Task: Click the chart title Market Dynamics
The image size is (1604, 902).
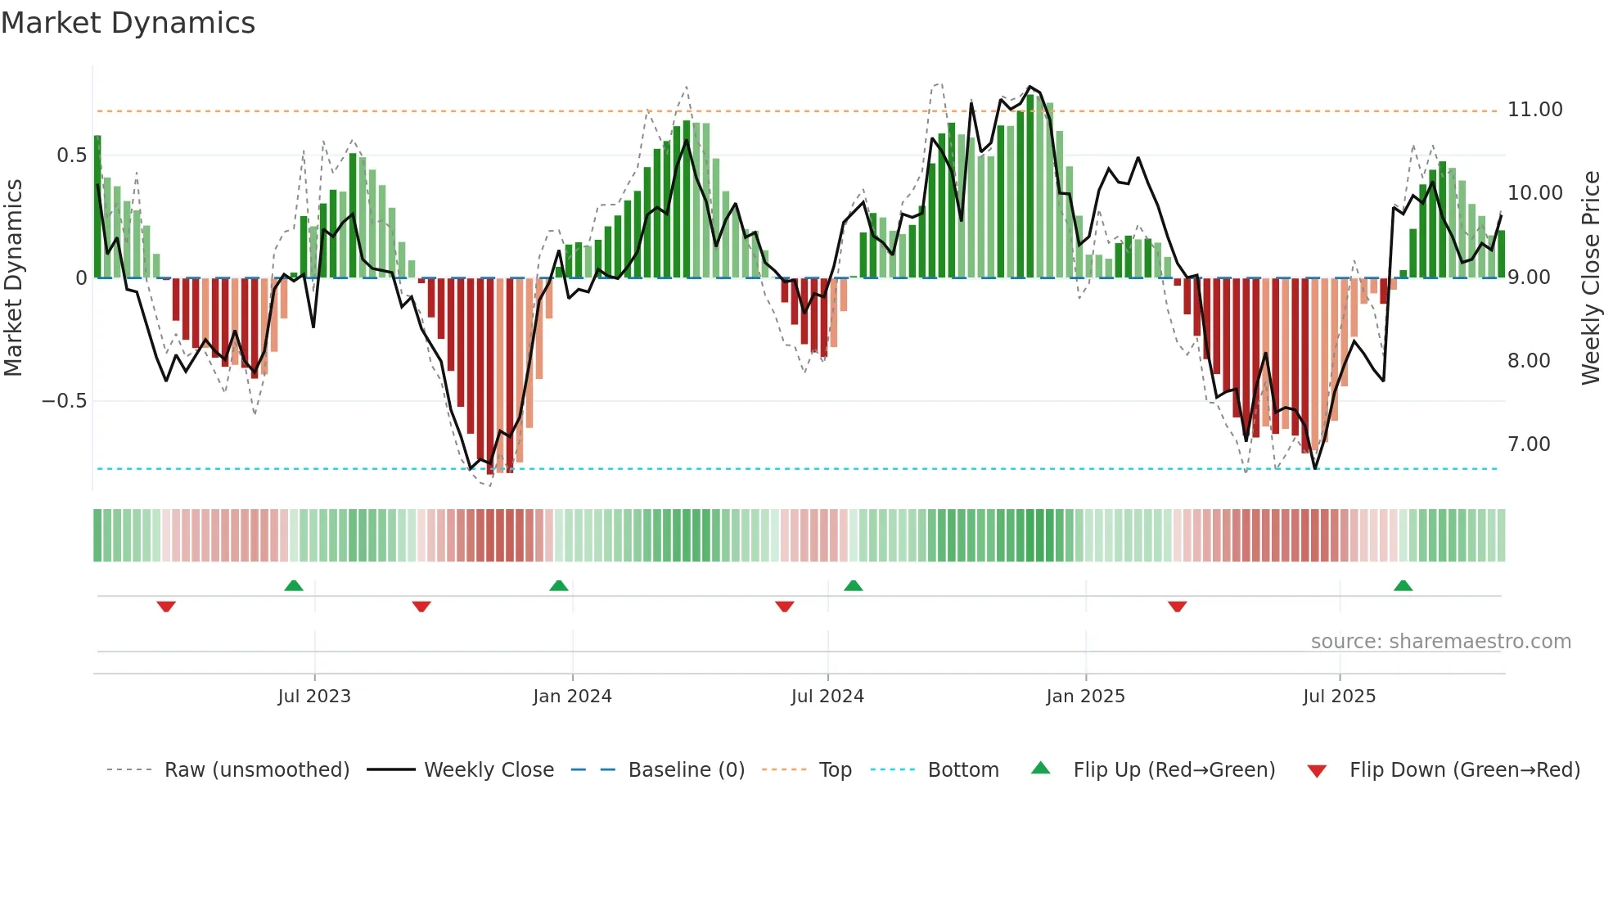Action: tap(128, 23)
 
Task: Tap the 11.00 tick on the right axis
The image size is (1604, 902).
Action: tap(1534, 110)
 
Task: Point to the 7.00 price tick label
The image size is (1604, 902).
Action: tap(1529, 444)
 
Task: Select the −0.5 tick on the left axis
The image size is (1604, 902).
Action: tap(64, 401)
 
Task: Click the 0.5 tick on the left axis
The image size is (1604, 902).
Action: tap(71, 156)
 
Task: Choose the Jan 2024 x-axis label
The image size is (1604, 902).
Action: tap(572, 697)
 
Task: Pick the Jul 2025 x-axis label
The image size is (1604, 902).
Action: tap(1339, 697)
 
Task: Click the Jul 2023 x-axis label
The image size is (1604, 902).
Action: tap(314, 697)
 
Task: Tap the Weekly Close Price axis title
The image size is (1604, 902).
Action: tap(1590, 277)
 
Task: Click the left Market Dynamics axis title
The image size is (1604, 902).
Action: tap(13, 277)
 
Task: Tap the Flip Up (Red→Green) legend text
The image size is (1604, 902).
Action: tap(1174, 770)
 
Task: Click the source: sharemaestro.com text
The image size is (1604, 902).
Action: tap(1440, 642)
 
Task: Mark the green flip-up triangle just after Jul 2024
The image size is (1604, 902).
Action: tap(853, 585)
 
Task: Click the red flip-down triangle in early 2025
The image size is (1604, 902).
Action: tap(1177, 607)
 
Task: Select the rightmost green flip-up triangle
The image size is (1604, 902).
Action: tap(1403, 585)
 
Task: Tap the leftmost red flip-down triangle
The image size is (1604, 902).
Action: tap(166, 607)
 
